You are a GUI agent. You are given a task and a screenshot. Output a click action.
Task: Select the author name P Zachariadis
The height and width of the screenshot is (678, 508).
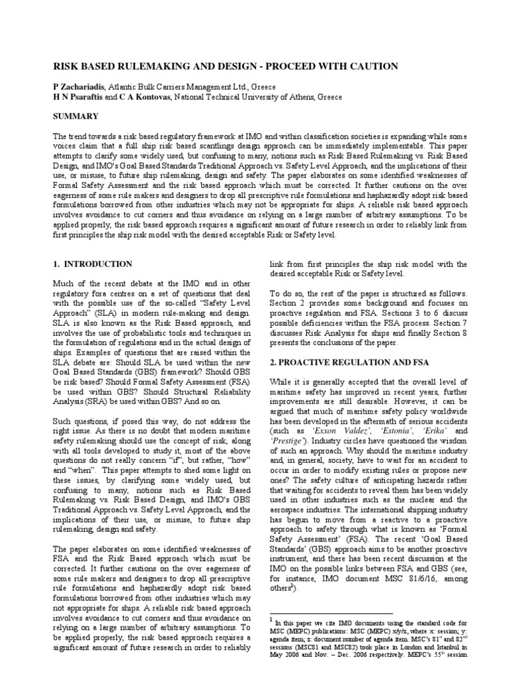click(78, 87)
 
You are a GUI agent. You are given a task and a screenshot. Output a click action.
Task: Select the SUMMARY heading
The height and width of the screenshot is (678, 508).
click(76, 116)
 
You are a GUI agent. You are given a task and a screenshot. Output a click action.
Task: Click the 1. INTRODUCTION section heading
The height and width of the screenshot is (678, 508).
click(93, 264)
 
